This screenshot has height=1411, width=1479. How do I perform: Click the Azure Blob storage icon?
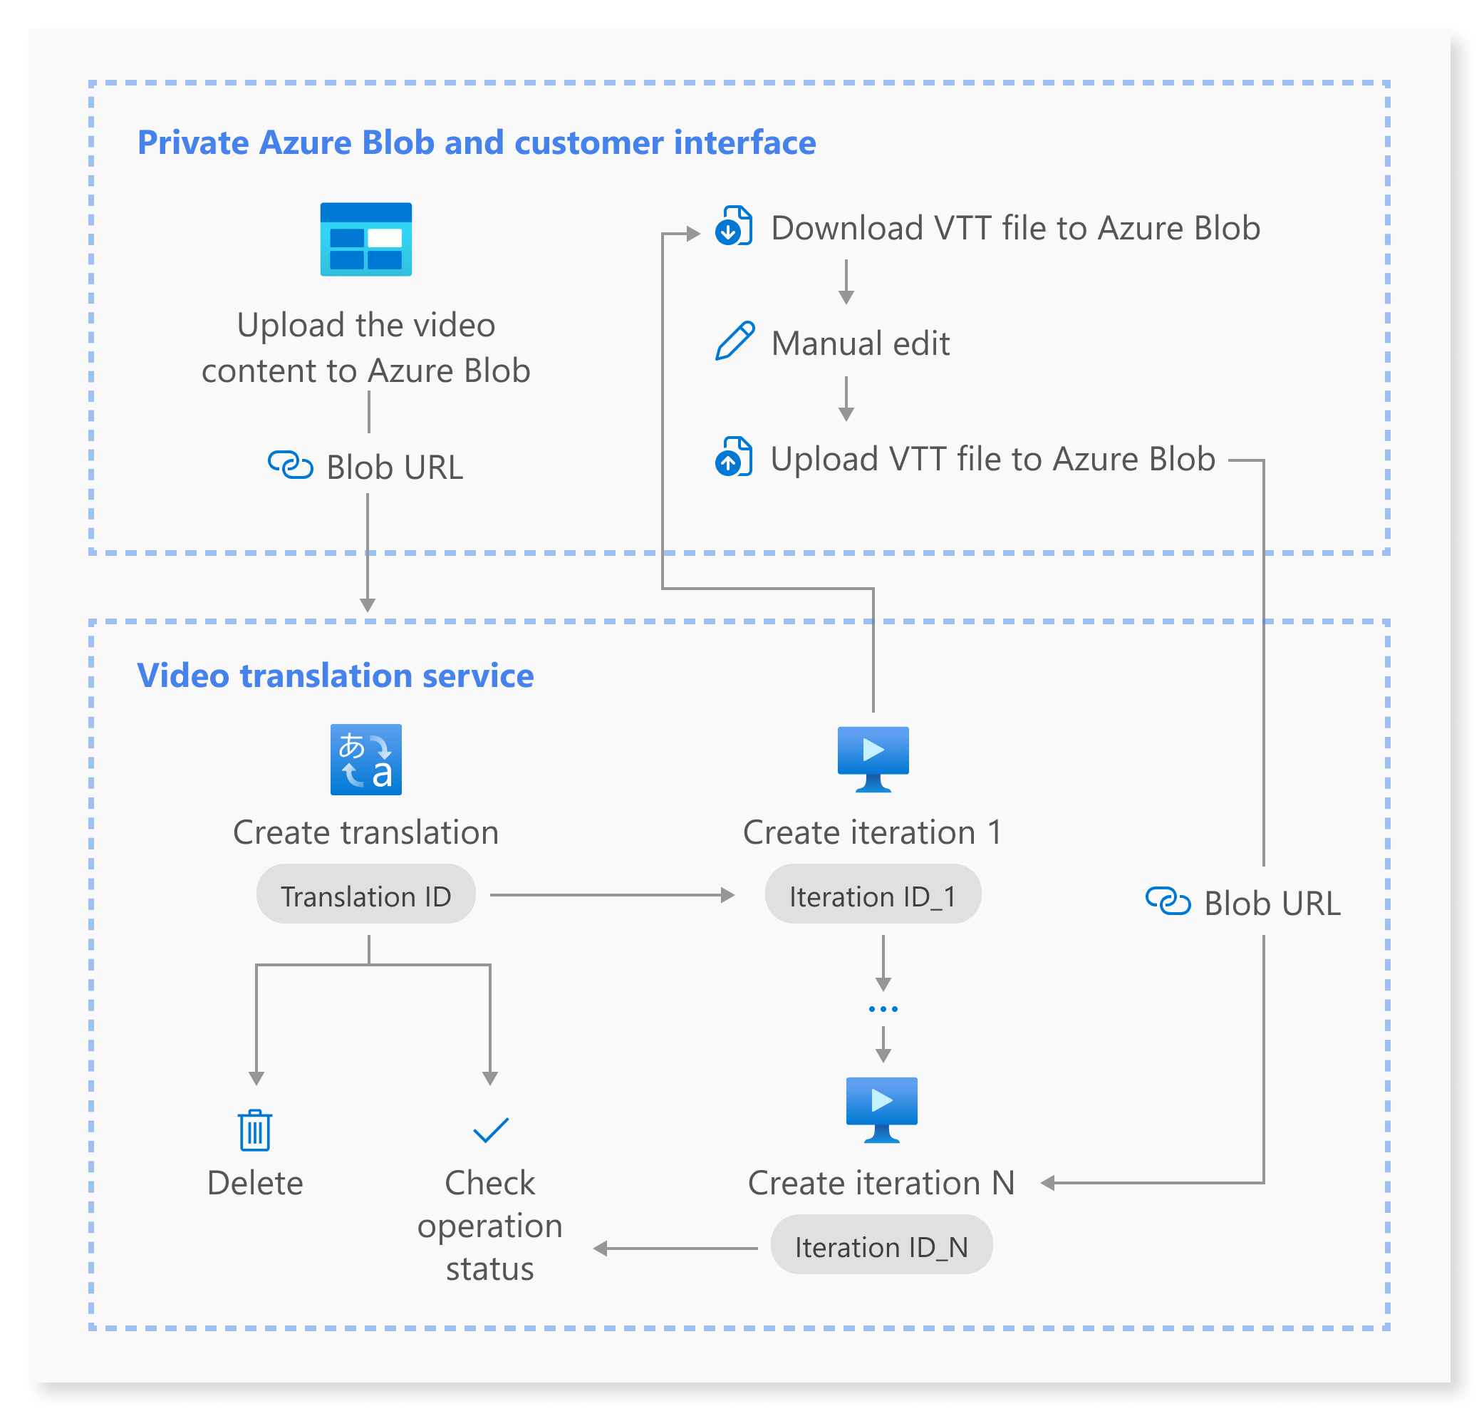[x=365, y=239]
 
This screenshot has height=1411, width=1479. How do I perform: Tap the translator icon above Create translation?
[x=365, y=760]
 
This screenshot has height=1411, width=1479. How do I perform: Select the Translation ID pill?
[x=365, y=895]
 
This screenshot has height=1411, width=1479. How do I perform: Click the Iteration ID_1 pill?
[x=872, y=895]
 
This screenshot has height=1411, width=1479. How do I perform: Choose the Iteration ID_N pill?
[x=881, y=1246]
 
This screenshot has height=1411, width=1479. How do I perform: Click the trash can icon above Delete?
[x=255, y=1130]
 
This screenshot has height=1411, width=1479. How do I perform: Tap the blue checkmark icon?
[x=490, y=1130]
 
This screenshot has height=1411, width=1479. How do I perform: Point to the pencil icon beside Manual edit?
[x=734, y=341]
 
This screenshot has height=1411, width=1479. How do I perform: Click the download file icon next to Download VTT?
[x=733, y=226]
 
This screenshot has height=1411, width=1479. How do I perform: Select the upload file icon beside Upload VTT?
[x=733, y=457]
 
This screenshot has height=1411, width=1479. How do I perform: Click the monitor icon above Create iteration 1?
[x=873, y=758]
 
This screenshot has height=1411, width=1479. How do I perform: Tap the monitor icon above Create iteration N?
[x=881, y=1110]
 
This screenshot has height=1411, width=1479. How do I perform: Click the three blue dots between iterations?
[x=883, y=1008]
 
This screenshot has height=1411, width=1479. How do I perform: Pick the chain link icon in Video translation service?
[x=1168, y=900]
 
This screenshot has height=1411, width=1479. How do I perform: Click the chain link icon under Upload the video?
[x=290, y=465]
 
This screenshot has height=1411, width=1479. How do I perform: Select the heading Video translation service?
[x=336, y=676]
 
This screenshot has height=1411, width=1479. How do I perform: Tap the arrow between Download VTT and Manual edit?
[x=846, y=282]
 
